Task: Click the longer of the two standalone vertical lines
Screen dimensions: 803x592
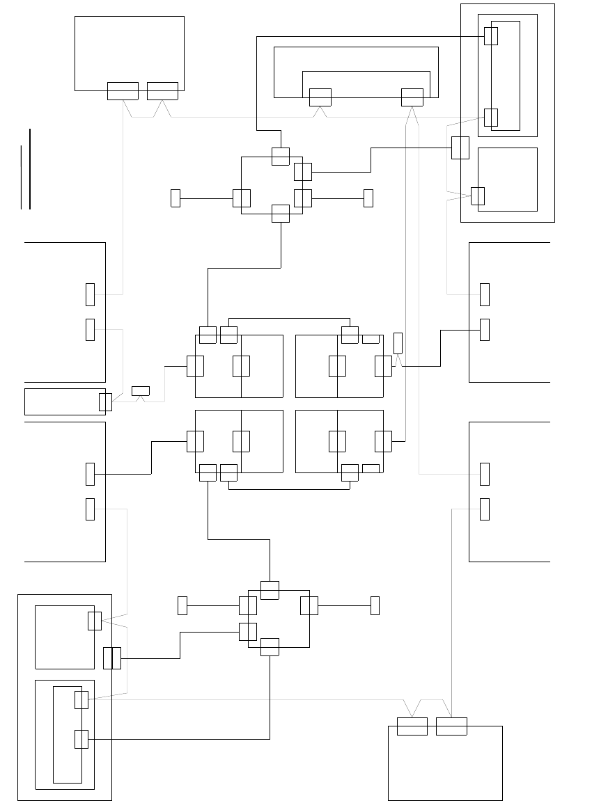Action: (x=30, y=168)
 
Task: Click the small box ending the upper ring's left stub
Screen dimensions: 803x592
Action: (x=176, y=198)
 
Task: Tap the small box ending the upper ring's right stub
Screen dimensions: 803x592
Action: (x=368, y=198)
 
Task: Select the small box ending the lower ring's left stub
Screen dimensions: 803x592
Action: (x=182, y=605)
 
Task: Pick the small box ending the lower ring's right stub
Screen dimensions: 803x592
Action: (x=375, y=605)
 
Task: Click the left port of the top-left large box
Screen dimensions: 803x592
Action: (x=123, y=91)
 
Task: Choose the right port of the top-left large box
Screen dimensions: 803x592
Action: (x=162, y=91)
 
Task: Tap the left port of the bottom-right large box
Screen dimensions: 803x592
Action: (x=412, y=726)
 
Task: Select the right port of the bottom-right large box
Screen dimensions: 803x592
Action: (x=451, y=726)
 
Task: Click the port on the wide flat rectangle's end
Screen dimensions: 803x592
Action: (x=105, y=402)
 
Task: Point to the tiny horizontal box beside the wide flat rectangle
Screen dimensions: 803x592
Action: (x=141, y=390)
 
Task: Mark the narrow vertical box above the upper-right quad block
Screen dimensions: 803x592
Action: (x=398, y=343)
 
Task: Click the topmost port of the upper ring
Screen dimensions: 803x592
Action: (x=280, y=156)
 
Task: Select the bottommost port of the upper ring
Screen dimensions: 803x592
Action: (x=280, y=214)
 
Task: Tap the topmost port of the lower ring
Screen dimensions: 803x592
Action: (x=270, y=590)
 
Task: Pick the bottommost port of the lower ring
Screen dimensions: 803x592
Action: (x=270, y=647)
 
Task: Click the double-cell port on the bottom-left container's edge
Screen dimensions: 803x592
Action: (x=112, y=658)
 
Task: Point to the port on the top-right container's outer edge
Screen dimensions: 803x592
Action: (x=460, y=148)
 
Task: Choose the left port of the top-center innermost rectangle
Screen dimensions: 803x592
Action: (x=320, y=97)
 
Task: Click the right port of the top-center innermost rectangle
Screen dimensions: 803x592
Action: (x=412, y=97)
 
